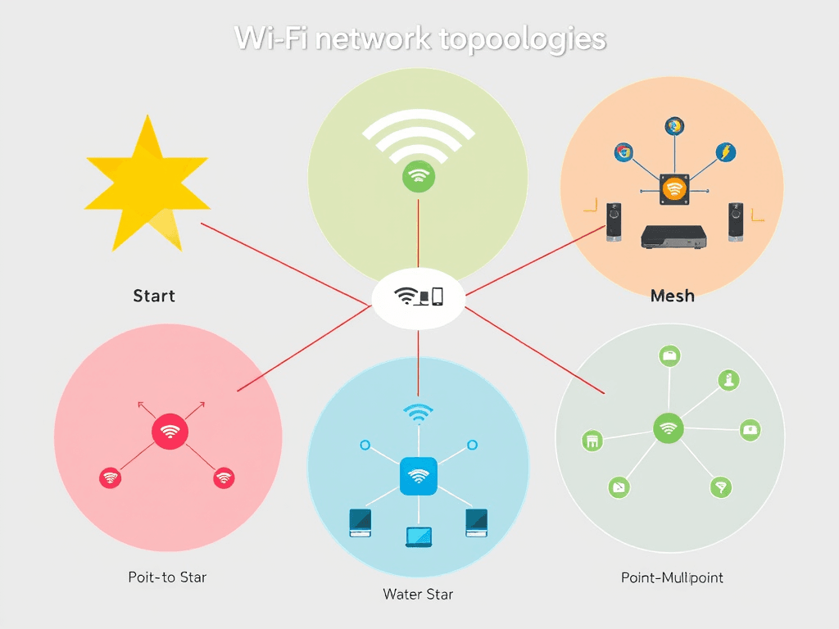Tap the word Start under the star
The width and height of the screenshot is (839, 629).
[x=154, y=296]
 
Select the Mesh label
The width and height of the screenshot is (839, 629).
[x=672, y=296]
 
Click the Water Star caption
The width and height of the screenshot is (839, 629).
[x=418, y=594]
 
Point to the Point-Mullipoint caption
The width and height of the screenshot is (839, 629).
[x=672, y=578]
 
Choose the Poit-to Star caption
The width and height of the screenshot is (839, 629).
[x=167, y=577]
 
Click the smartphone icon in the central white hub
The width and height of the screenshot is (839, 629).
[x=438, y=296]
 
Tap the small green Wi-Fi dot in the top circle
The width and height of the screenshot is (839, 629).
[x=419, y=176]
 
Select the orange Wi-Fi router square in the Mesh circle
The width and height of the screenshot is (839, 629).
[x=673, y=189]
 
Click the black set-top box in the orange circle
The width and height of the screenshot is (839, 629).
[x=673, y=236]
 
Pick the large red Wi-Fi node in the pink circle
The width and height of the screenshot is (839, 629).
[x=170, y=432]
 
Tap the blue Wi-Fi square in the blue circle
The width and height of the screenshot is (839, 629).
[x=418, y=476]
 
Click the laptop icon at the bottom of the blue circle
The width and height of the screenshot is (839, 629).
[x=418, y=536]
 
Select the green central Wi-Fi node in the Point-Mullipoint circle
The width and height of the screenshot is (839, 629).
[x=669, y=428]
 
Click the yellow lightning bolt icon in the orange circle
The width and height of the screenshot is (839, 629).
[x=725, y=152]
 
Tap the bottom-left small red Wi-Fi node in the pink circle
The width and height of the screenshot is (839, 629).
[x=110, y=478]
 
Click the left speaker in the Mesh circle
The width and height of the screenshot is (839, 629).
[x=613, y=222]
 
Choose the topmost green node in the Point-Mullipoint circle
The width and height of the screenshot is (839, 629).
[x=670, y=355]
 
